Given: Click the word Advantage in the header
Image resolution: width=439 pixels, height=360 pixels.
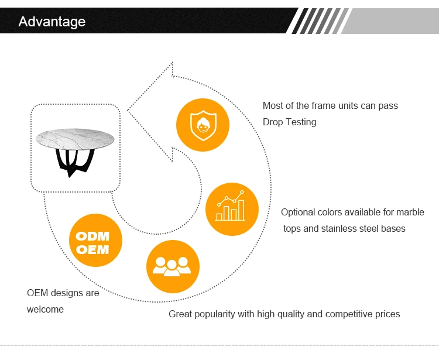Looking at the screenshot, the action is click(x=52, y=22).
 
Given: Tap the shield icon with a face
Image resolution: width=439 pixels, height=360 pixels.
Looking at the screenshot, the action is click(x=203, y=125).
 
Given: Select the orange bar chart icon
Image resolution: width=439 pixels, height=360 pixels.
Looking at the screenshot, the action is click(x=232, y=209).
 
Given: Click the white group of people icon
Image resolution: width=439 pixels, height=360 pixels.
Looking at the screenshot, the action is click(x=172, y=266).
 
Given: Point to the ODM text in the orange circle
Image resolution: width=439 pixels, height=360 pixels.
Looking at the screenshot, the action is click(x=92, y=236).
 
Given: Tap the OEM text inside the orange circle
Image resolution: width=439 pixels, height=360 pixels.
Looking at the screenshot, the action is click(x=92, y=249).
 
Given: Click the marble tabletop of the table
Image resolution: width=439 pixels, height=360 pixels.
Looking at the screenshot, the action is click(x=75, y=139).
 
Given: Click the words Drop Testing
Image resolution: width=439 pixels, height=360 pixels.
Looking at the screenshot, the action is click(x=290, y=122).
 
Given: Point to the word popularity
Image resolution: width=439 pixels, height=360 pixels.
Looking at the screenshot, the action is click(x=215, y=314).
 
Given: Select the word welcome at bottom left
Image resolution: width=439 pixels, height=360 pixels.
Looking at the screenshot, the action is click(x=45, y=309).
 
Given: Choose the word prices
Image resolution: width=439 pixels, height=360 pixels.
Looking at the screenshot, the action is click(x=387, y=314).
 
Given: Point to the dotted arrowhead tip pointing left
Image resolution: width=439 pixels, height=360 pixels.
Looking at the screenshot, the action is click(x=128, y=110).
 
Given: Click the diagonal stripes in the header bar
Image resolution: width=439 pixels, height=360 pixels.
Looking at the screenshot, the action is click(x=319, y=21).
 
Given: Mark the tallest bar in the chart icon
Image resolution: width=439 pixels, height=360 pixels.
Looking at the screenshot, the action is click(x=241, y=210).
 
